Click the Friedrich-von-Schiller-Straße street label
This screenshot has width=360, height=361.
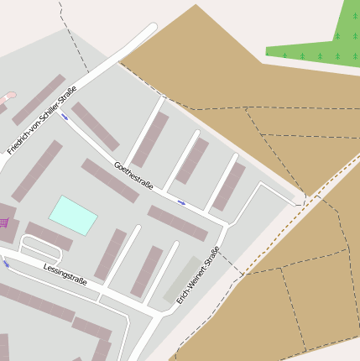[42, 120]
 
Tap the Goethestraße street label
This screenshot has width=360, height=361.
[133, 175]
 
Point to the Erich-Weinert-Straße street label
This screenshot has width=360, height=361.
[198, 275]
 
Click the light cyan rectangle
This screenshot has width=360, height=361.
[73, 215]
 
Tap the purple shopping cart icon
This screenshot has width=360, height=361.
[3, 222]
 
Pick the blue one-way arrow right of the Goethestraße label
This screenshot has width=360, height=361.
[181, 202]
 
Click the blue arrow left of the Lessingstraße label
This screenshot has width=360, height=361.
[6, 264]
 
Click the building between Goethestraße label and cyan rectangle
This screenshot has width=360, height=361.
[110, 180]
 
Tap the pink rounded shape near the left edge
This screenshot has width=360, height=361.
[8, 98]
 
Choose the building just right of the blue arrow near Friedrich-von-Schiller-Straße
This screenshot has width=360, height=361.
[95, 126]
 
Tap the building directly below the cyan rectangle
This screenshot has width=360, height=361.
[50, 236]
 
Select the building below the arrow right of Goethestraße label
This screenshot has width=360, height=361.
[177, 222]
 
